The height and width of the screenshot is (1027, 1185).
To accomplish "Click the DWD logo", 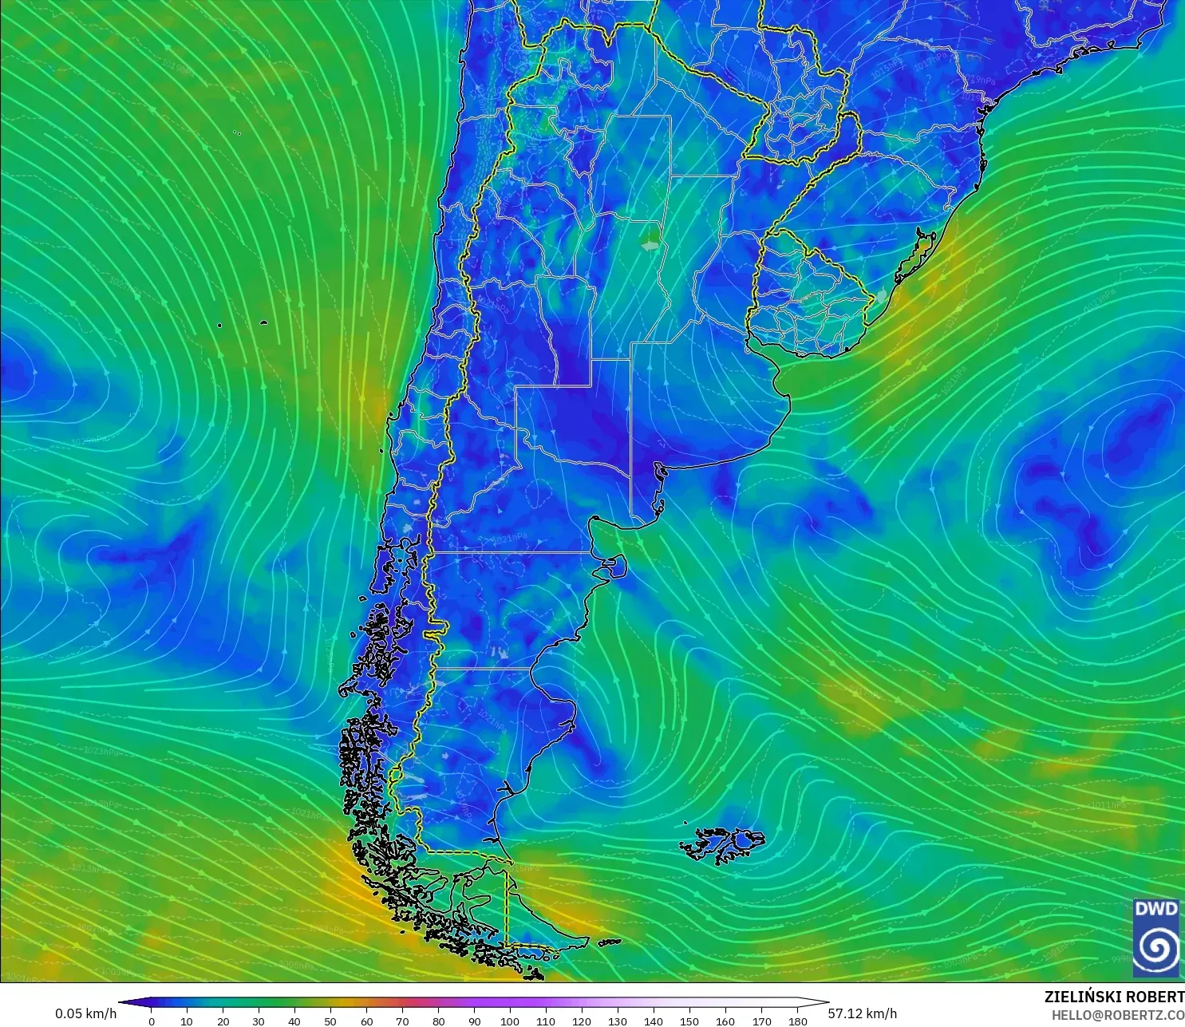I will [x=1156, y=937].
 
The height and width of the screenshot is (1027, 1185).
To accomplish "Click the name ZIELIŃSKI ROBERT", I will [x=1114, y=997].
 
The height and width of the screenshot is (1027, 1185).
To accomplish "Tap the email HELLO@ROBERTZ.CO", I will [x=1117, y=1015].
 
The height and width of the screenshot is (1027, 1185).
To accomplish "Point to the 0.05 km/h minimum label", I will [x=85, y=1013].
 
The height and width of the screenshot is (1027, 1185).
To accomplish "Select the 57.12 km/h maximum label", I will [x=862, y=1013].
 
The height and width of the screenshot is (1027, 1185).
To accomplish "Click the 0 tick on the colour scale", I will [x=152, y=1021].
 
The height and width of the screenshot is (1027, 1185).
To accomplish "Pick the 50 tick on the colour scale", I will [x=330, y=1021].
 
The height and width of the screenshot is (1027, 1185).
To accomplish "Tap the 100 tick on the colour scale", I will [x=510, y=1021].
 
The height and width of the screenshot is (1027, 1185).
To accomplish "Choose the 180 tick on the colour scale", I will [x=797, y=1021].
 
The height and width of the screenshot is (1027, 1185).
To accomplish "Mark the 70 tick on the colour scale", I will [x=402, y=1021].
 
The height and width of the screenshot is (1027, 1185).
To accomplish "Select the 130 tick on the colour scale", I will [x=618, y=1021].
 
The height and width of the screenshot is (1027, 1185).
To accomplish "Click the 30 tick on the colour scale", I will [x=259, y=1021].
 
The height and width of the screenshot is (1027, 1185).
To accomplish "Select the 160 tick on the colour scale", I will [x=725, y=1021].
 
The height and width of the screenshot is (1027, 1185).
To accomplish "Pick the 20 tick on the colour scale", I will [x=223, y=1021].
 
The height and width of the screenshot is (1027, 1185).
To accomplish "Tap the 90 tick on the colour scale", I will [x=474, y=1021].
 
